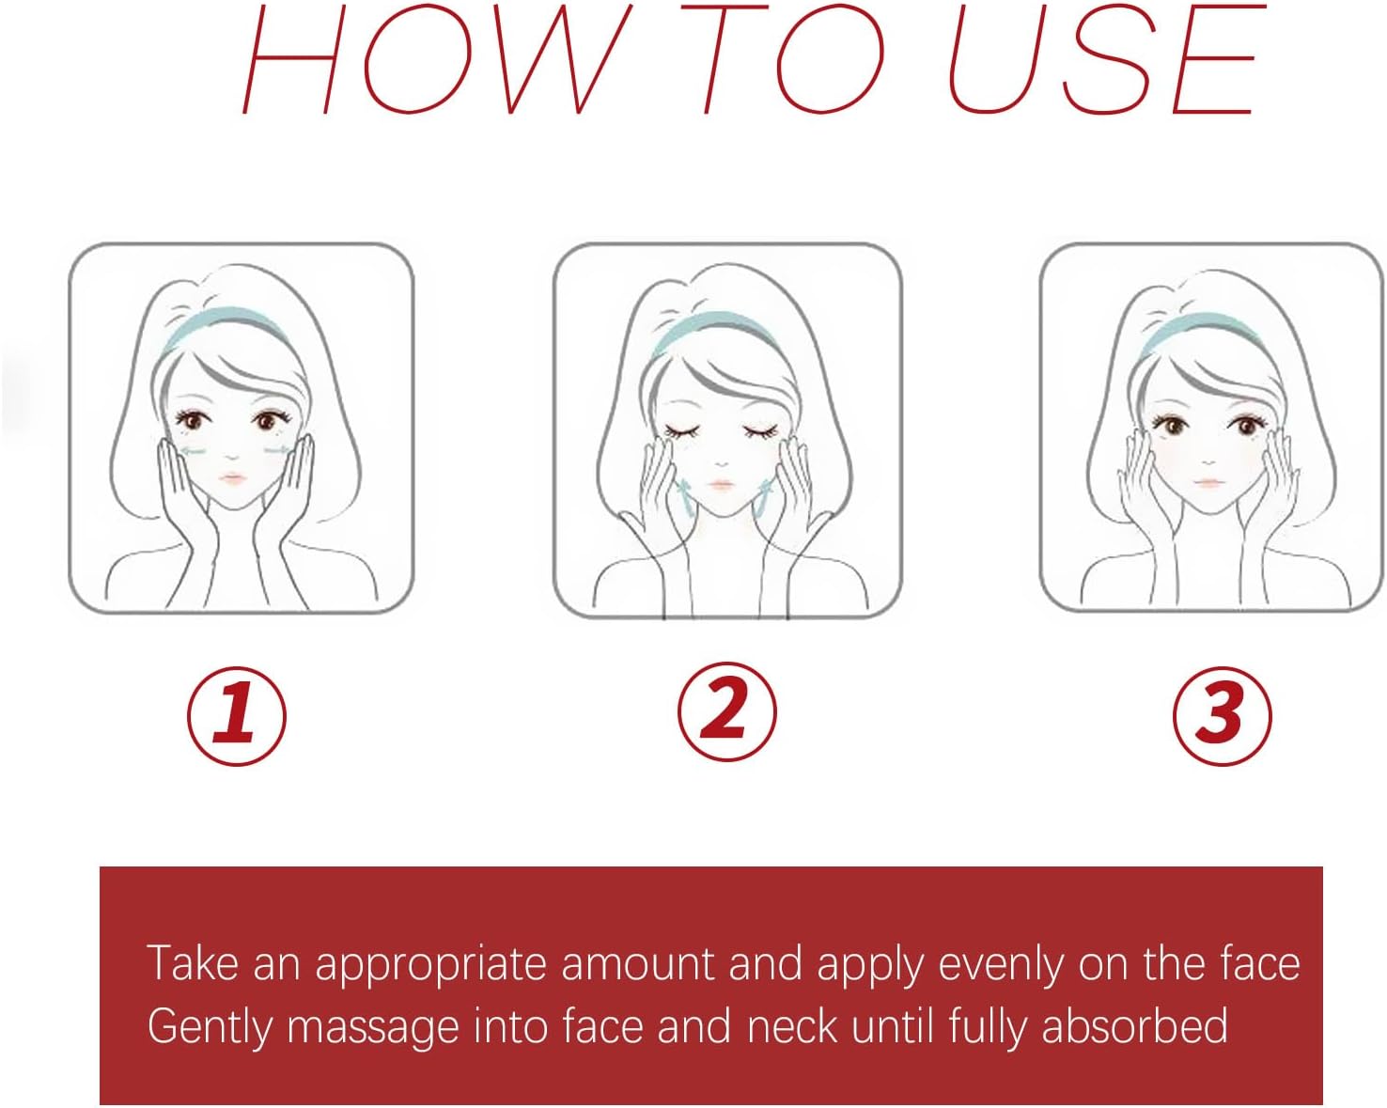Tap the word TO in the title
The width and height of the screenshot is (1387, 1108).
[x=783, y=59]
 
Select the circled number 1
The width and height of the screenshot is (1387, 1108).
[x=237, y=716]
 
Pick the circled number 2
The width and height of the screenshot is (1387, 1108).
[x=727, y=711]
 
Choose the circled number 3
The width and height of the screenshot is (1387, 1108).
[x=1222, y=716]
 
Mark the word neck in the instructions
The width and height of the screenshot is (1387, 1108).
[x=792, y=1025]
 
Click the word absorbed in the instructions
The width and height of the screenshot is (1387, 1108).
[x=1135, y=1025]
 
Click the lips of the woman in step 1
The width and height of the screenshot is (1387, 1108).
[x=233, y=479]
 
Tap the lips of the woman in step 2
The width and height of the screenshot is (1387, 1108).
[x=721, y=484]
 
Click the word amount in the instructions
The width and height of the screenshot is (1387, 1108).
[x=638, y=964]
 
